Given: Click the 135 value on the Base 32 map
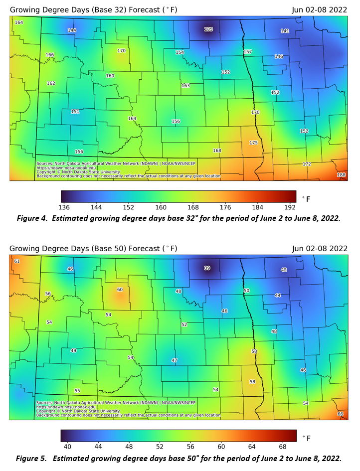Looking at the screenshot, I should [208, 29].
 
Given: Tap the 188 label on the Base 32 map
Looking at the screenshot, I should [341, 175].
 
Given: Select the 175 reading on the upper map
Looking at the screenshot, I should [253, 143].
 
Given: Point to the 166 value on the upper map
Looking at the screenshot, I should [50, 55].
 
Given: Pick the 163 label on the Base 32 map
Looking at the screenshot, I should [185, 86].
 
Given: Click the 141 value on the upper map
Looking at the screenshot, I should [285, 31].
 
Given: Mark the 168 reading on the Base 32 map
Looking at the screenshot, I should [217, 151].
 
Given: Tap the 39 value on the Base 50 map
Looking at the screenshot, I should [207, 268].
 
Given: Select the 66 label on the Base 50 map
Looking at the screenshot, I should [341, 414].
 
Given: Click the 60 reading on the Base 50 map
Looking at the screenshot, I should [120, 290].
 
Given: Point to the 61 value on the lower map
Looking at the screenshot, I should [17, 261].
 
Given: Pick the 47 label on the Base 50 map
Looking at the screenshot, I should [175, 360].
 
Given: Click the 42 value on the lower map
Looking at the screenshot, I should [284, 270].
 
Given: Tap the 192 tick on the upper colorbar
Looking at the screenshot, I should [291, 207].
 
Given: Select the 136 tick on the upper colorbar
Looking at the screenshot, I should [64, 207].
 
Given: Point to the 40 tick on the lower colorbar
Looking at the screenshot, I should [67, 446].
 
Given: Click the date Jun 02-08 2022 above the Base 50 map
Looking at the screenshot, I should [320, 248].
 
